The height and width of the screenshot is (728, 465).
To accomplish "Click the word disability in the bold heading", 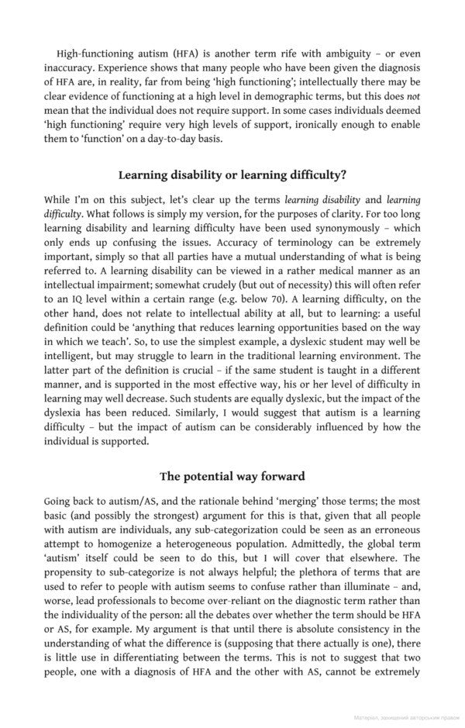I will click(x=200, y=175).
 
